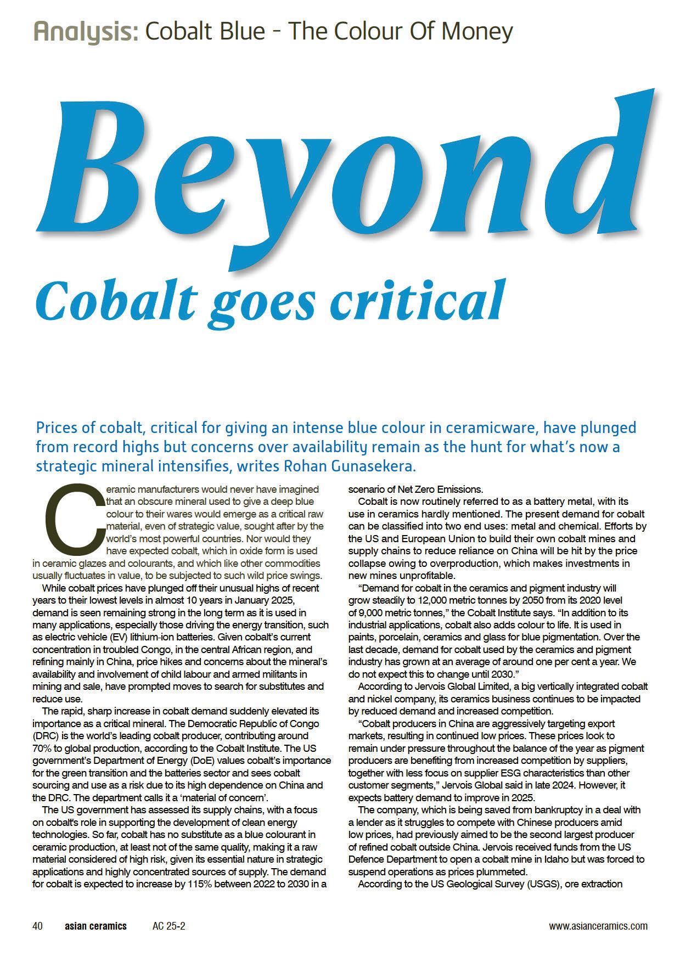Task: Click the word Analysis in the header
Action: tap(85, 32)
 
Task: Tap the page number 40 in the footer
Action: tap(38, 926)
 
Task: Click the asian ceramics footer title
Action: tap(95, 926)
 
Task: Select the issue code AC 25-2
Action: tap(168, 926)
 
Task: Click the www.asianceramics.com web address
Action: tap(598, 926)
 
